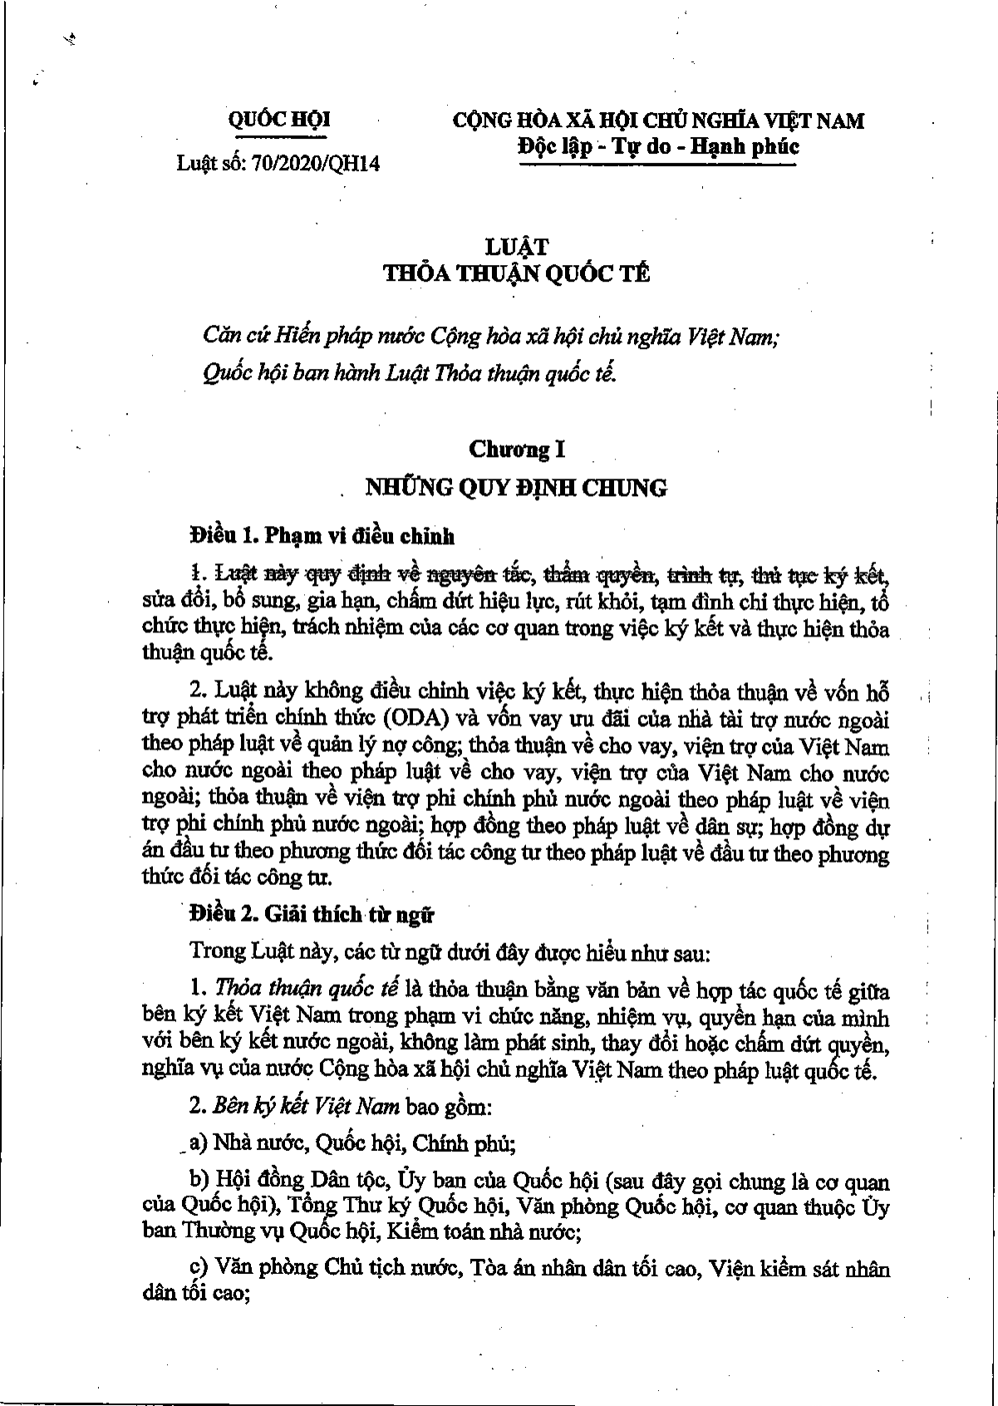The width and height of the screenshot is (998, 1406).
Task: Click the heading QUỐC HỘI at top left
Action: [278, 120]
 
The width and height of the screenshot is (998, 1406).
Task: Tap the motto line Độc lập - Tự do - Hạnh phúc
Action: [657, 147]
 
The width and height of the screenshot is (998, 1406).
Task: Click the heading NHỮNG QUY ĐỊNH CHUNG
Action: [516, 488]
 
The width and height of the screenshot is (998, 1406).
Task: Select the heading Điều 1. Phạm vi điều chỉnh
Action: [322, 536]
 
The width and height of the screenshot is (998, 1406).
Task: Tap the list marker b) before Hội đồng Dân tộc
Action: [199, 1181]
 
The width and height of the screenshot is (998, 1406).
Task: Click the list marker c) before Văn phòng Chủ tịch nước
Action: [199, 1270]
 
